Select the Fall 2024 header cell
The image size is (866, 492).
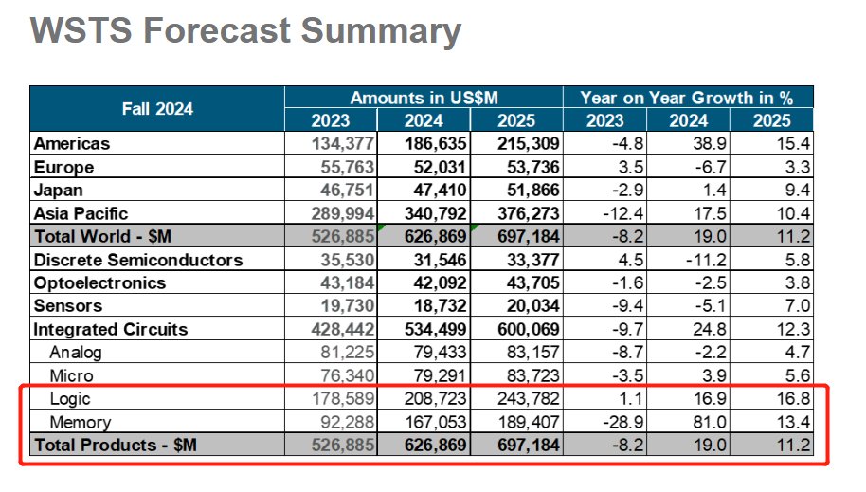[x=157, y=109]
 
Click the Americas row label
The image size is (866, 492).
[x=72, y=144]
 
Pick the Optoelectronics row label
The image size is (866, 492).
[x=99, y=283]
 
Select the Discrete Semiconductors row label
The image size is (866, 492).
[x=138, y=260]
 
